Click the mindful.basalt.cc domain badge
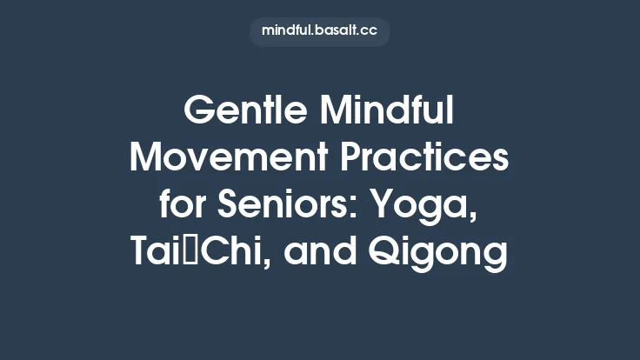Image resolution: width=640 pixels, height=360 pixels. coord(320,30)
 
